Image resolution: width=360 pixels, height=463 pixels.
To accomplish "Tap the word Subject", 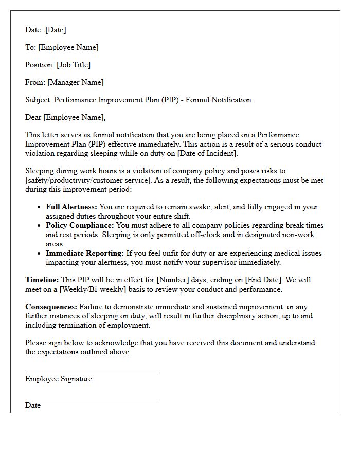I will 38,100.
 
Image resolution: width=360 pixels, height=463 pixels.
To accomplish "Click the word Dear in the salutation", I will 33,117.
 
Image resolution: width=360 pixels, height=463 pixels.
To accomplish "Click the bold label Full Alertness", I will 71,207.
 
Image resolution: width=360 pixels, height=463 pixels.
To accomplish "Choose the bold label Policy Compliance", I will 80,225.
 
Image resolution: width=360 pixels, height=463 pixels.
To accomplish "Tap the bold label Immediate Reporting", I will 85,253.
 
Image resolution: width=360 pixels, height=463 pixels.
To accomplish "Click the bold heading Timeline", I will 42,280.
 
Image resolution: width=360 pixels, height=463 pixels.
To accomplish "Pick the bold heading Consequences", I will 50,307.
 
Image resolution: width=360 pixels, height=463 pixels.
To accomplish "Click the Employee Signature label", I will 59,379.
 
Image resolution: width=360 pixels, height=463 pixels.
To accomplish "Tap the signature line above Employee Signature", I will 91,373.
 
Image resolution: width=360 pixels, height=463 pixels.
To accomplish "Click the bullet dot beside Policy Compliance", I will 40,226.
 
